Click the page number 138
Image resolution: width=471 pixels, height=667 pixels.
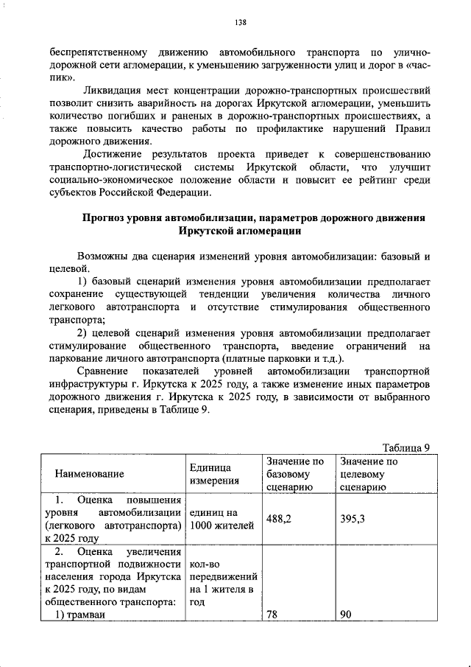[x=240, y=22]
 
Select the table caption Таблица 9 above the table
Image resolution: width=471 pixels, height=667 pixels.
[x=406, y=447]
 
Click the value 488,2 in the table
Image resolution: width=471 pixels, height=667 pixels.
[x=279, y=519]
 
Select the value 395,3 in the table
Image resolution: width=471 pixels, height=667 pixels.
[x=353, y=519]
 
